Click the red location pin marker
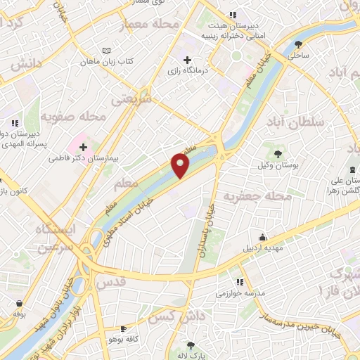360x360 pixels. tap(181, 166)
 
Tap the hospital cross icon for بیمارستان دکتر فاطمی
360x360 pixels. tap(84, 148)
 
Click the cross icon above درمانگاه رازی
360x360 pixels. tap(186, 60)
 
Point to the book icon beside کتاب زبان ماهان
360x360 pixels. tap(107, 51)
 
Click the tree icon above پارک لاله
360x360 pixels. tap(191, 345)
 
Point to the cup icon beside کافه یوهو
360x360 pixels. tap(124, 328)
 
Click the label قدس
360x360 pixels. tap(110, 282)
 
